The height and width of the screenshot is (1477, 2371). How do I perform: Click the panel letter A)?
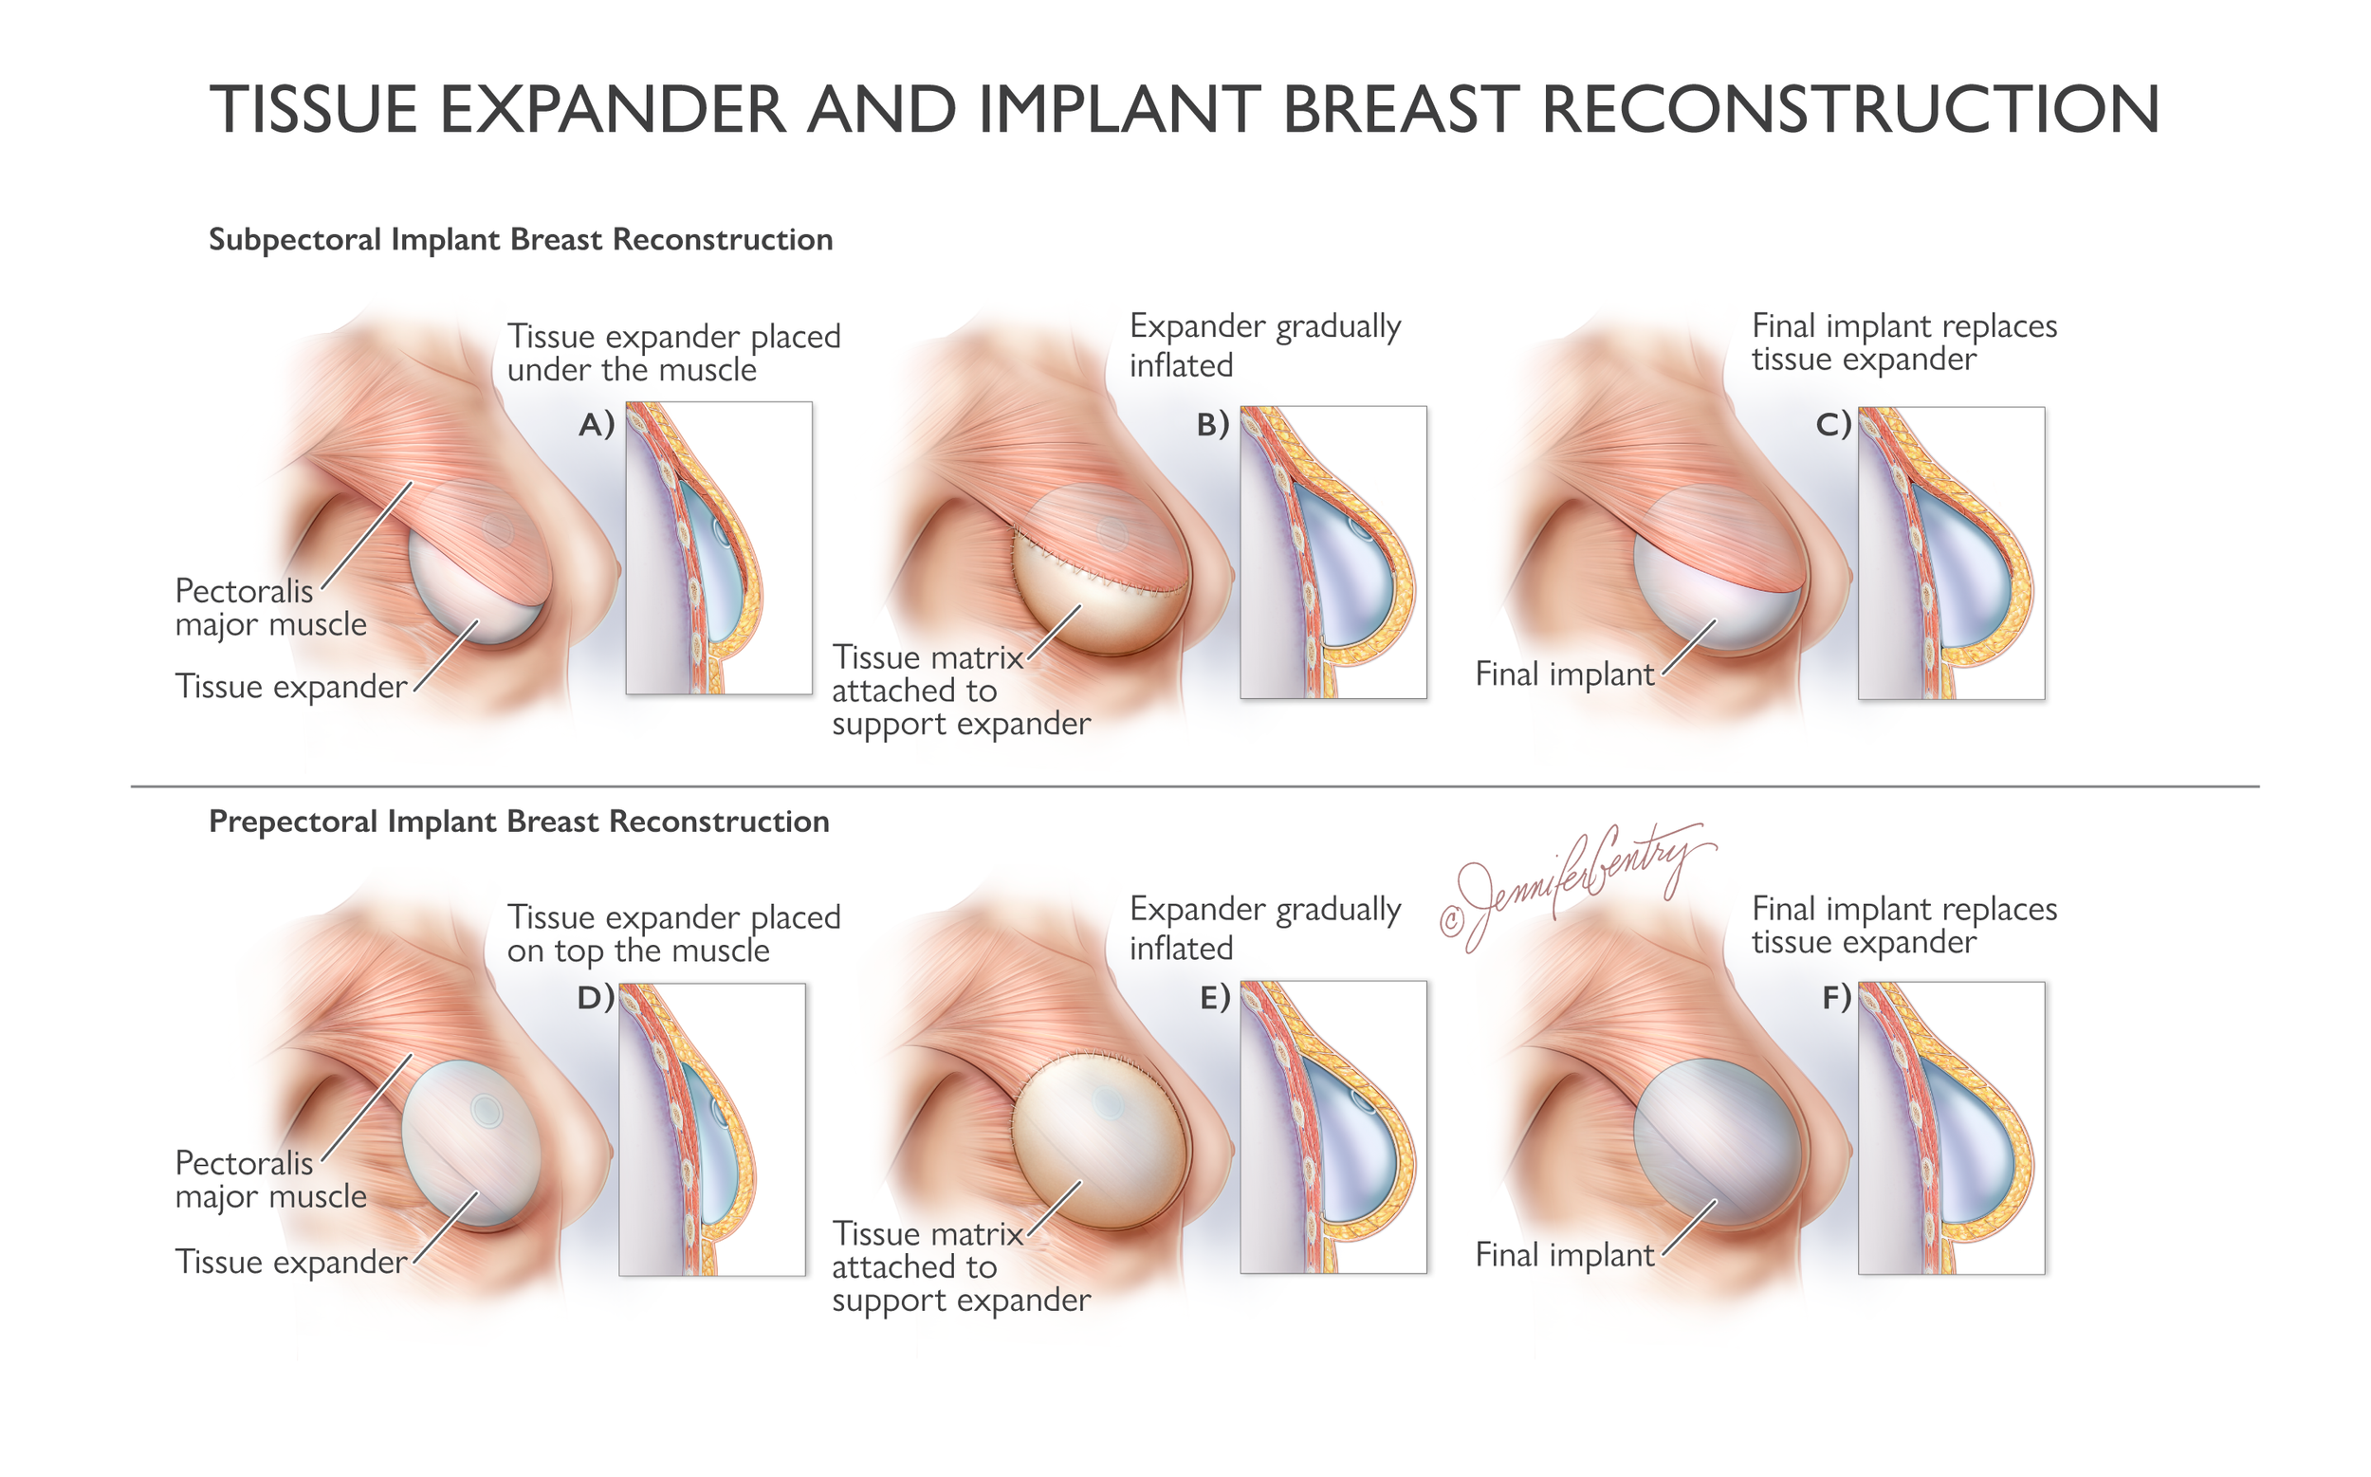tap(596, 425)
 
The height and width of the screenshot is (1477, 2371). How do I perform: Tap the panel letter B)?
tap(1212, 425)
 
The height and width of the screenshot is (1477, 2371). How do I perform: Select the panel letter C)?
tap(1833, 425)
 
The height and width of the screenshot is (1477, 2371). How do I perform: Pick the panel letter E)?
tap(1214, 997)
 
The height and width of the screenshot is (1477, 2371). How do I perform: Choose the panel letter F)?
tap(1836, 997)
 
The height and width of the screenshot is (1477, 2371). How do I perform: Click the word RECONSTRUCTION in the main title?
tap(1849, 109)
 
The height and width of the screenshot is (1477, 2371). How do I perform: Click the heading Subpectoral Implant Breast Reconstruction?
tap(521, 240)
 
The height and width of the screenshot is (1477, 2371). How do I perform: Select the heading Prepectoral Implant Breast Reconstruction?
tap(519, 822)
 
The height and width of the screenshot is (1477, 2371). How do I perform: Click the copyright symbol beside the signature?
tap(1452, 920)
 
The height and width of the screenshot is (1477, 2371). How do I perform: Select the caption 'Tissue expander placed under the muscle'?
tap(672, 353)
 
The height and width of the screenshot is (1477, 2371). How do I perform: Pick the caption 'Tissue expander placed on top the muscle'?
tap(672, 933)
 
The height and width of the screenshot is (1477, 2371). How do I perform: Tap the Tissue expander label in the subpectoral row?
tap(290, 687)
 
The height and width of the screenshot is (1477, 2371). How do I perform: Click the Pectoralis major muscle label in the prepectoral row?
tap(270, 1180)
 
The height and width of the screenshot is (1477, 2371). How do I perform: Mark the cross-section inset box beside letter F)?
tap(1950, 1128)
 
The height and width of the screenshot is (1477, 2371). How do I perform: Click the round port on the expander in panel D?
tap(486, 1110)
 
